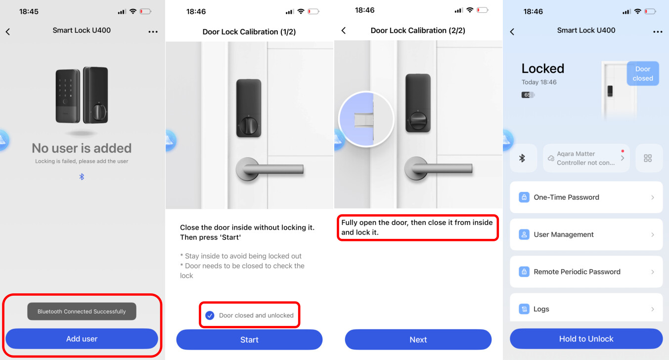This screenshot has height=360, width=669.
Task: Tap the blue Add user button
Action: (x=82, y=339)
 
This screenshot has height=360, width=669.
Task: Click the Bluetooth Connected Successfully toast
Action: (x=82, y=312)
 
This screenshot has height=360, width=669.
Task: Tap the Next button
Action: (x=418, y=339)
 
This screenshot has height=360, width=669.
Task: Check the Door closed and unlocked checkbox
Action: (x=210, y=315)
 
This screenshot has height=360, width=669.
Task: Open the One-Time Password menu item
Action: (x=586, y=197)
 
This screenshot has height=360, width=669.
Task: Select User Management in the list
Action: (x=586, y=234)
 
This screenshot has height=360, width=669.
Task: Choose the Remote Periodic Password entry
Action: (x=586, y=271)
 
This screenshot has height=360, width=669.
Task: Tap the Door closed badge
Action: (x=643, y=74)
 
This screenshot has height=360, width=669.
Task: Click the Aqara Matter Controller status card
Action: (x=586, y=158)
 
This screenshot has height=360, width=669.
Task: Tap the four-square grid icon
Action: (x=648, y=158)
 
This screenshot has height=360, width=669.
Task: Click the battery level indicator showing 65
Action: (x=528, y=95)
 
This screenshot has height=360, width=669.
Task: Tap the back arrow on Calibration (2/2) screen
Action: (x=344, y=31)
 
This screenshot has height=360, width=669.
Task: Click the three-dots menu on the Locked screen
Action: (x=658, y=32)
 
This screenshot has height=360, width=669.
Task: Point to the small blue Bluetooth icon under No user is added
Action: (x=82, y=177)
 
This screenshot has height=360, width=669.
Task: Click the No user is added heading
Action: (x=82, y=148)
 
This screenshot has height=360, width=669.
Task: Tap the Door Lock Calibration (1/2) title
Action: (x=249, y=32)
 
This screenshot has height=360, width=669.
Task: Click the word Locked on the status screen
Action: (x=543, y=68)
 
